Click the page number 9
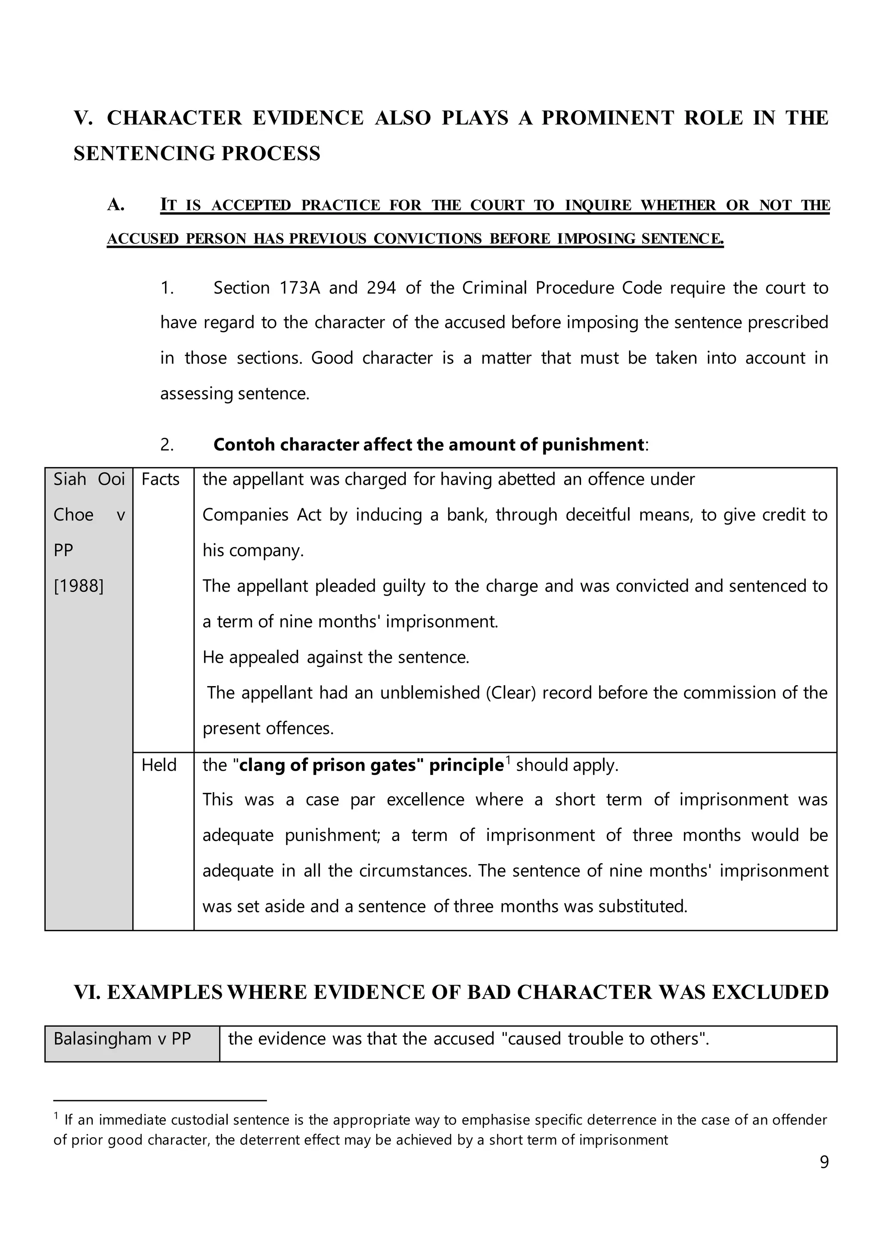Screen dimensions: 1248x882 [824, 1162]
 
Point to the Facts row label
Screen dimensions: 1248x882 [160, 479]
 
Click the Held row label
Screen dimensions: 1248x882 [159, 765]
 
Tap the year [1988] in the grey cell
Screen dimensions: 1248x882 [79, 586]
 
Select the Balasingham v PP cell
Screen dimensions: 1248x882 [122, 1039]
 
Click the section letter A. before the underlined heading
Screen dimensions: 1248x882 [116, 205]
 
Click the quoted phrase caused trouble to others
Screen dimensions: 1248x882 [605, 1039]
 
